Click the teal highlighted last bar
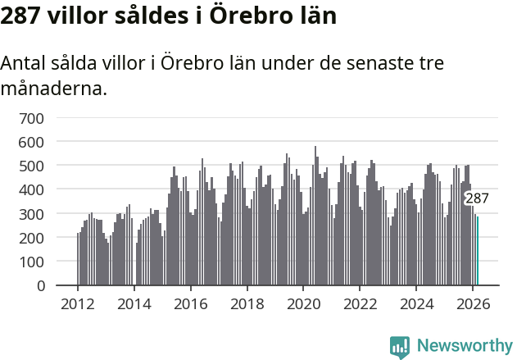pyautogui.click(x=478, y=251)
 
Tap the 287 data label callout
pyautogui.click(x=477, y=198)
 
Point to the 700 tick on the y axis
pyautogui.click(x=31, y=118)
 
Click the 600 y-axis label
pyautogui.click(x=31, y=142)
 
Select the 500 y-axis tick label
pyautogui.click(x=31, y=166)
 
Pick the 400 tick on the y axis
pyautogui.click(x=31, y=189)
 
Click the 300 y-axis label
pyautogui.click(x=31, y=214)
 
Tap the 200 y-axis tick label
pyautogui.click(x=31, y=238)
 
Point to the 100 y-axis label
pyautogui.click(x=31, y=262)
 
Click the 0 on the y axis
pyautogui.click(x=39, y=285)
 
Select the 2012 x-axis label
pyautogui.click(x=78, y=303)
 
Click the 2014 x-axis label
pyautogui.click(x=134, y=303)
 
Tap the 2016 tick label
pyautogui.click(x=191, y=303)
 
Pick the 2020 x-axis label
pyautogui.click(x=303, y=303)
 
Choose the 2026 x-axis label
pyautogui.click(x=473, y=303)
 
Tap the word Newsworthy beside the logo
pyautogui.click(x=464, y=346)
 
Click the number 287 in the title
pyautogui.click(x=20, y=16)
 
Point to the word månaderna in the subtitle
pyautogui.click(x=55, y=88)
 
